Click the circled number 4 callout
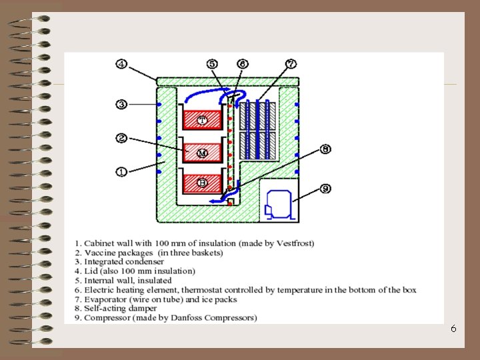tap(121, 64)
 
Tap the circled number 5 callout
tap(212, 64)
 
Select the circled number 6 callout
tap(242, 64)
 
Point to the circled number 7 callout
tap(291, 64)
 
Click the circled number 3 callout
tap(121, 104)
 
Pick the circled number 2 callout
tap(121, 138)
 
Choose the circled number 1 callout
tap(121, 171)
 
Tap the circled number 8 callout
tap(325, 149)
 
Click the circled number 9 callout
tap(325, 189)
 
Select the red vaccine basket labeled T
tap(202, 120)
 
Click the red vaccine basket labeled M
tap(202, 153)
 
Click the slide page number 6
tap(453, 329)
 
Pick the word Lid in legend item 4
tap(91, 271)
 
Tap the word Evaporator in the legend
tap(107, 299)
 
